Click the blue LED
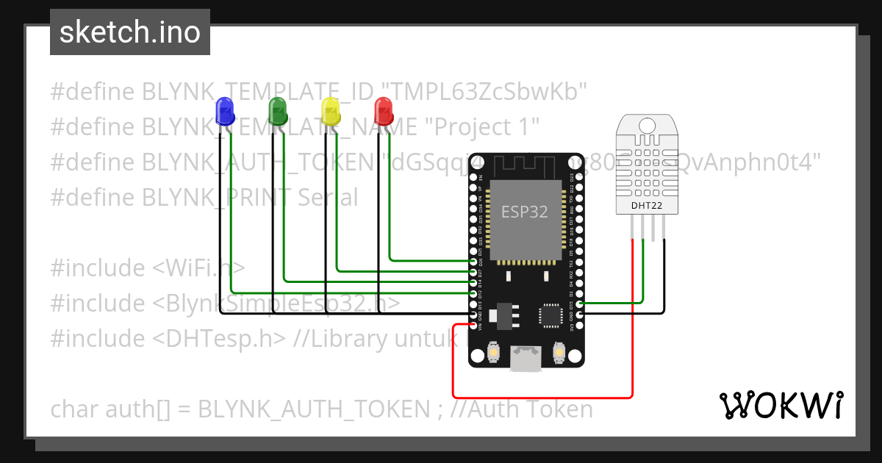tap(224, 112)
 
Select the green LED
tap(279, 111)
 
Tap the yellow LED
tap(331, 112)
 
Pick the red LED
tap(384, 111)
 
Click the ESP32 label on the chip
tap(524, 212)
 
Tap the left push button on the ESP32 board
tap(493, 354)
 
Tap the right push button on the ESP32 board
tap(559, 354)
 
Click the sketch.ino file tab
tap(130, 32)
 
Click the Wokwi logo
tap(781, 405)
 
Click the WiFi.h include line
tap(147, 268)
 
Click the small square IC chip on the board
tap(552, 315)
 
